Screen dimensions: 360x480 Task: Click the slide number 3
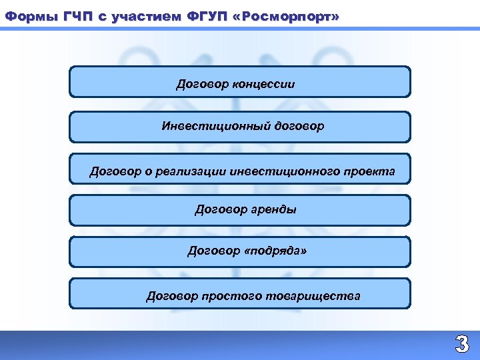[461, 345]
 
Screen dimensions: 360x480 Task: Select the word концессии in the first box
[263, 85]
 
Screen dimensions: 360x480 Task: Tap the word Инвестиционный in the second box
[215, 126]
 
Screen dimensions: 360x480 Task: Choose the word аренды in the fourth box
[274, 209]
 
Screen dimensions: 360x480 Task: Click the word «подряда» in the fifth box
[276, 251]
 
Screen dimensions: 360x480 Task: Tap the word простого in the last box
[235, 295]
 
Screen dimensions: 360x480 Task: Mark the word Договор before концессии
[203, 85]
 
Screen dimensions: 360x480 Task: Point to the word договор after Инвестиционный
[299, 126]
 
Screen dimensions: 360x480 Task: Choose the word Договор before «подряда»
[213, 251]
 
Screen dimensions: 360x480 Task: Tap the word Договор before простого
[173, 295]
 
